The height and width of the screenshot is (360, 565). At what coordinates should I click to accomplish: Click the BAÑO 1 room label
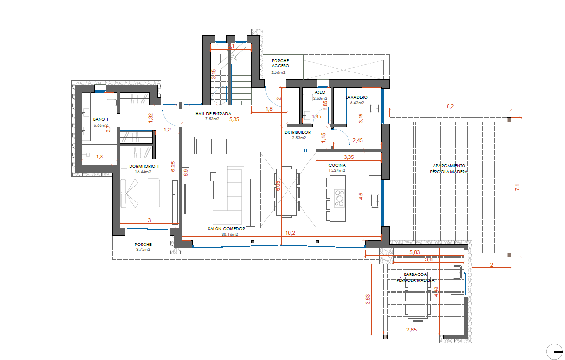click(x=101, y=118)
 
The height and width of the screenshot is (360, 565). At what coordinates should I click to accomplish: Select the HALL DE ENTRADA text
click(x=213, y=113)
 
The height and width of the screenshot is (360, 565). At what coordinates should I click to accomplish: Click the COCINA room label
click(x=337, y=165)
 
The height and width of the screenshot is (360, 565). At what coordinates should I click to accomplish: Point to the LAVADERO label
click(x=357, y=97)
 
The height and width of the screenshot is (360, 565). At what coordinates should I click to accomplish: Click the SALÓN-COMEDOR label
click(x=227, y=229)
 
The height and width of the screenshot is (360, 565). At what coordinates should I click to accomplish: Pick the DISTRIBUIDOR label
click(x=297, y=132)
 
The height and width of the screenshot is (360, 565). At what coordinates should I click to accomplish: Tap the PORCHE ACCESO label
click(x=280, y=63)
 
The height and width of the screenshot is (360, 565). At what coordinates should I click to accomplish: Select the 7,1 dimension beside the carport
click(x=518, y=187)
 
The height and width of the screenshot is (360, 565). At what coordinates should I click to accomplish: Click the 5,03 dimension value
click(x=414, y=252)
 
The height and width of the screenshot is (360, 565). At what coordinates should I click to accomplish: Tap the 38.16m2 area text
click(x=230, y=234)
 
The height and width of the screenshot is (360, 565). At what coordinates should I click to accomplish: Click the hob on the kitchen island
click(x=340, y=198)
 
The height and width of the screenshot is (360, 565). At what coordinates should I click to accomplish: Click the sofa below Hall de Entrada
click(x=211, y=145)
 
